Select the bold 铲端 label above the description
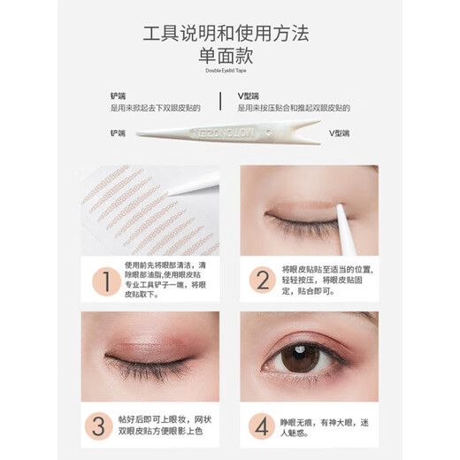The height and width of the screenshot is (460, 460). pos(117,94)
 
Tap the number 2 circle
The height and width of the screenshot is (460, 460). pos(263,281)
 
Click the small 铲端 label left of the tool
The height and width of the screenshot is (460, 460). pos(118,134)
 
